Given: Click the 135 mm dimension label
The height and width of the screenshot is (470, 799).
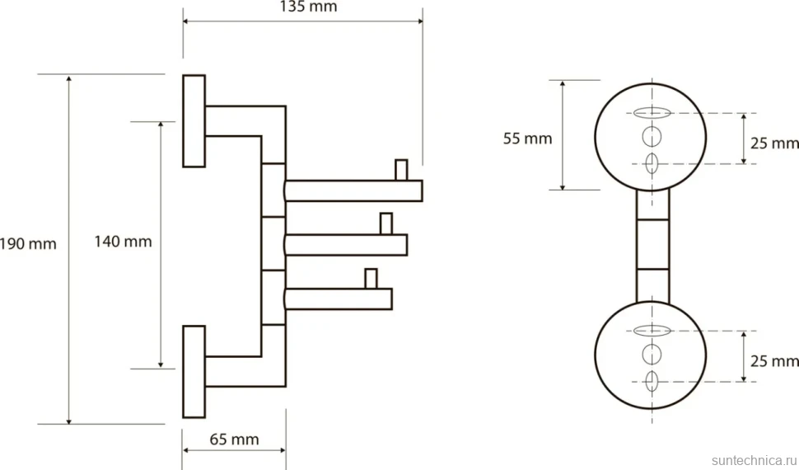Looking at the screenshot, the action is (x=308, y=7).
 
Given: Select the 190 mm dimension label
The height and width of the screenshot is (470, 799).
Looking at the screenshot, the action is (x=28, y=243).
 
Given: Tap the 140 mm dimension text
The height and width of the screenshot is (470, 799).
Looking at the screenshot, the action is (x=123, y=241).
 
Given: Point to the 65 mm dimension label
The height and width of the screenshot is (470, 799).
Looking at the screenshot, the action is (x=235, y=439).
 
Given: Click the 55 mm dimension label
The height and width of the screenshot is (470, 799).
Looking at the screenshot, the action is (x=527, y=139).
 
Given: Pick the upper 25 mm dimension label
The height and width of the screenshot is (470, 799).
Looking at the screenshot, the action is (x=774, y=143).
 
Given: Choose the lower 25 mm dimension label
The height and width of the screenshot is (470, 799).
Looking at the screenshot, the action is (x=774, y=361).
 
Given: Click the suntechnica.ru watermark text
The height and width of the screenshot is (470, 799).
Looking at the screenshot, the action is (x=755, y=460).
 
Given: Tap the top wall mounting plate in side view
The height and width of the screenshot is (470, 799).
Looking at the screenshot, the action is (x=194, y=121).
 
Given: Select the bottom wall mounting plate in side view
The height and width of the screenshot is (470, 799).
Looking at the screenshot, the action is (x=194, y=372).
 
